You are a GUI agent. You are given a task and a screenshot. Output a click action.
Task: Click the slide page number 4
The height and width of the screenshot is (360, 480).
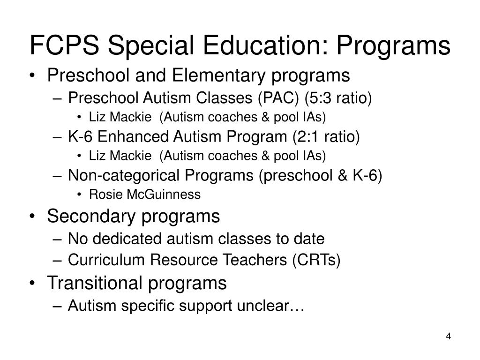pyautogui.click(x=449, y=337)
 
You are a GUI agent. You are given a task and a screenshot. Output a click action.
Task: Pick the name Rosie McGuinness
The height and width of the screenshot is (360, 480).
pyautogui.click(x=144, y=194)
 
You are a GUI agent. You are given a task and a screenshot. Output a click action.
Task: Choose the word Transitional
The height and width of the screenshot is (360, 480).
pyautogui.click(x=97, y=283)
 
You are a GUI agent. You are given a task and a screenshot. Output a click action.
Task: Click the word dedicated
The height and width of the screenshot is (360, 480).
pyautogui.click(x=126, y=239)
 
